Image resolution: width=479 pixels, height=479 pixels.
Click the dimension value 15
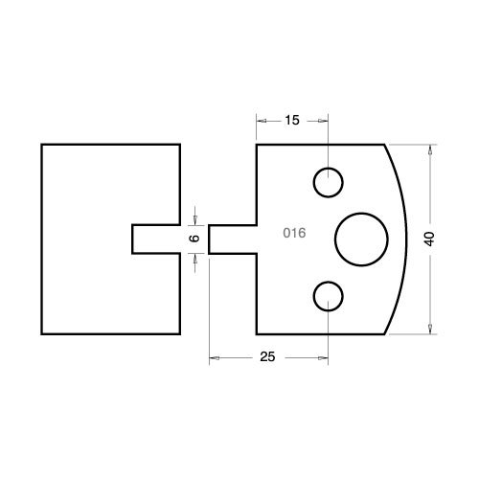(x=292, y=121)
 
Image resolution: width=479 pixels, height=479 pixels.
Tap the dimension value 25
(x=267, y=356)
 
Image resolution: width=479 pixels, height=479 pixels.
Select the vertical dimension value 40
(x=429, y=239)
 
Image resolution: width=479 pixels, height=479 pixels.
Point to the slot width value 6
(x=194, y=238)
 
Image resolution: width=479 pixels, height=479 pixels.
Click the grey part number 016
(x=294, y=233)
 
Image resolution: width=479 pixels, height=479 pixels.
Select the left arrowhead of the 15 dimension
(x=262, y=121)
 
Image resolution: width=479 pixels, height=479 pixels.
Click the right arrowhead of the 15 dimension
(x=323, y=121)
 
